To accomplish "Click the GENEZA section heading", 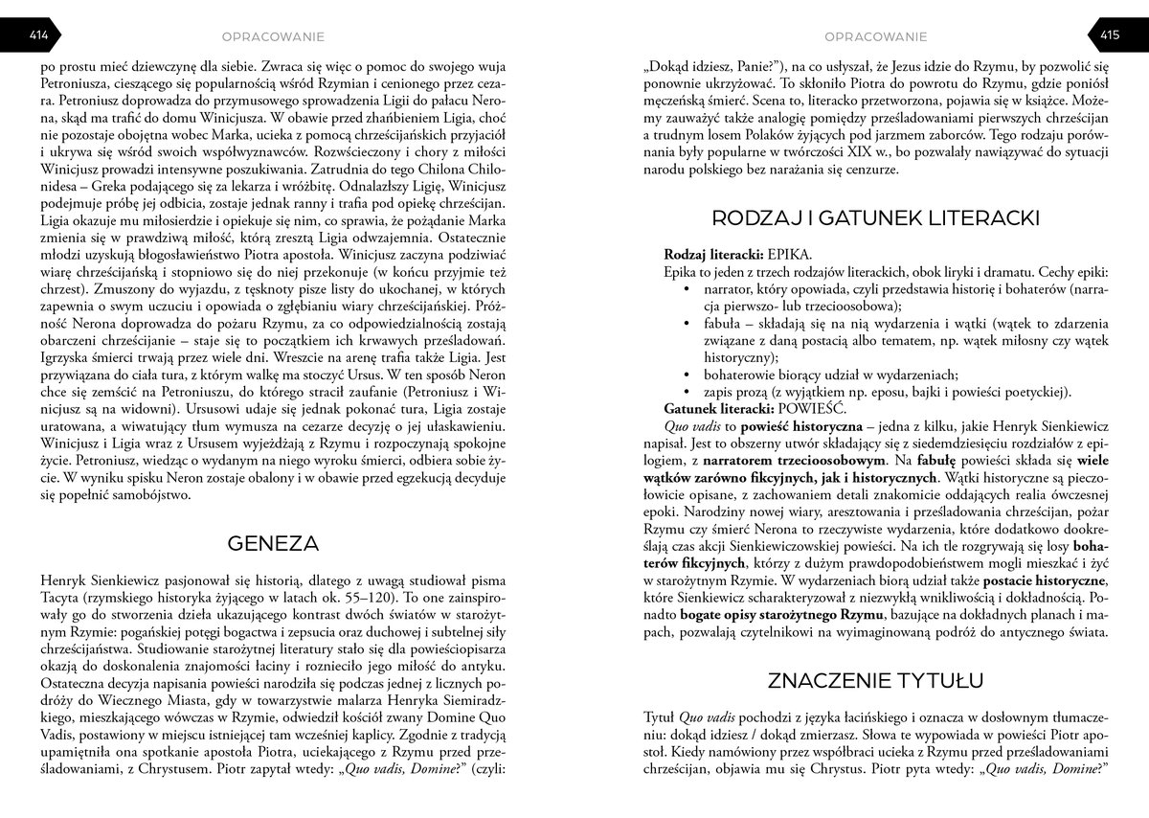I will click(x=273, y=543).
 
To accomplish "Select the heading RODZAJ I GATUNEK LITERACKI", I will click(x=875, y=218).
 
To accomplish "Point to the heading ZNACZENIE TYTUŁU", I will click(x=875, y=680).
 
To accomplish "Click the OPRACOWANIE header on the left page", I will click(x=273, y=36).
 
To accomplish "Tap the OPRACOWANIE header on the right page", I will click(x=875, y=36).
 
